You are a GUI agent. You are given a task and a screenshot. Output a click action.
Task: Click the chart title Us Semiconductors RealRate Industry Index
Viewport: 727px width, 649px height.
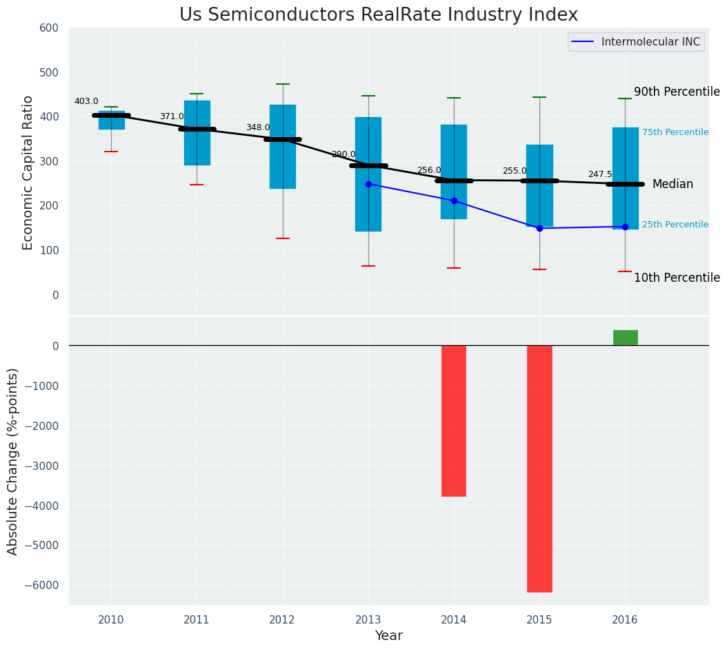(378, 15)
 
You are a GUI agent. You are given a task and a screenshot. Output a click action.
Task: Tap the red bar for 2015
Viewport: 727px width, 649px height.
(539, 468)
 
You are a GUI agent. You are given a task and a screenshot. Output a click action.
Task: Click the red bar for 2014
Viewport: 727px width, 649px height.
(454, 420)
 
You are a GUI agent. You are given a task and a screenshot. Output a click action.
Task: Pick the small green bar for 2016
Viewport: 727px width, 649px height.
(625, 338)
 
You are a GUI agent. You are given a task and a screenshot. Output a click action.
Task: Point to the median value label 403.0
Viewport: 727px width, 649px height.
(86, 101)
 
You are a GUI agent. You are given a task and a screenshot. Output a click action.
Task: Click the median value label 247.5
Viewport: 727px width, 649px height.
(600, 174)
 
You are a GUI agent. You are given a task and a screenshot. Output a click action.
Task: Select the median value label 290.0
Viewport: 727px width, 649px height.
(343, 154)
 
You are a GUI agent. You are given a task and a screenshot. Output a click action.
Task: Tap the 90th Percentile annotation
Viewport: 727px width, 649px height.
(677, 92)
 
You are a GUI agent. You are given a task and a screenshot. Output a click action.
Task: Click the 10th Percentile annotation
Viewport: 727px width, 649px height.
(677, 278)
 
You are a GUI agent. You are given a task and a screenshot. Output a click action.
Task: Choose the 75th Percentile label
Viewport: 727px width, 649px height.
(675, 132)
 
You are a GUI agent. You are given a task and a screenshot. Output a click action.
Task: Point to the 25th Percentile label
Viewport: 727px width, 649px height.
(675, 225)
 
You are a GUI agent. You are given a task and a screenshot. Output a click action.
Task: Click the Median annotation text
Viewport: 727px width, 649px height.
(673, 184)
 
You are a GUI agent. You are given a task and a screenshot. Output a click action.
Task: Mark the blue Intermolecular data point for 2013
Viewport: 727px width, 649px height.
(368, 184)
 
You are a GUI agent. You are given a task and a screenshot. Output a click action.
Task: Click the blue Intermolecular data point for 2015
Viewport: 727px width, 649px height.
(539, 228)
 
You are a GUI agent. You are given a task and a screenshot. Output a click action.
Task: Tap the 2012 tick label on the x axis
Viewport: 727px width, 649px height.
(282, 620)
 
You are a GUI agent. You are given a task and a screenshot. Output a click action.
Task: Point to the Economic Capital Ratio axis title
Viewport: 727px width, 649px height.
(28, 172)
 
